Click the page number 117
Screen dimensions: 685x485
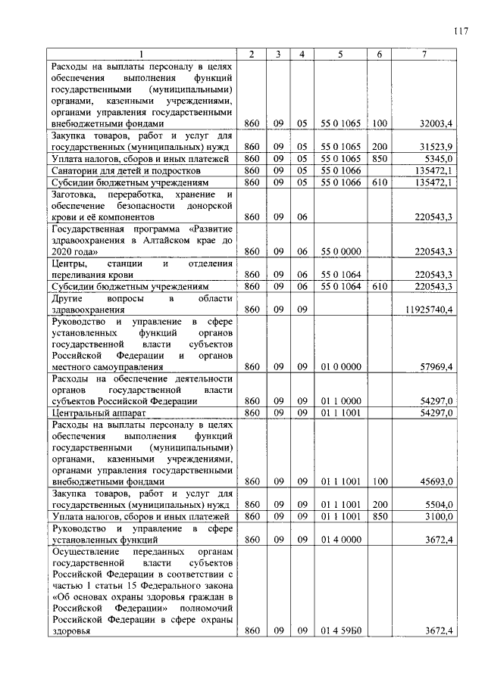click(x=461, y=31)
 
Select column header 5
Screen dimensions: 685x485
click(x=340, y=54)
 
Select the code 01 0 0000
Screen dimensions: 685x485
click(x=340, y=366)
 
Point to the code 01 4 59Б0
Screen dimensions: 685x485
click(x=340, y=631)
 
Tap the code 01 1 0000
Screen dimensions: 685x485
click(x=340, y=400)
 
